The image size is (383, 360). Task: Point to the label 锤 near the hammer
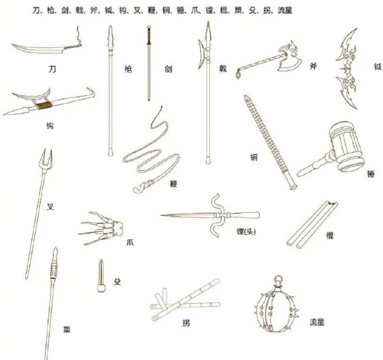tap(371, 174)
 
